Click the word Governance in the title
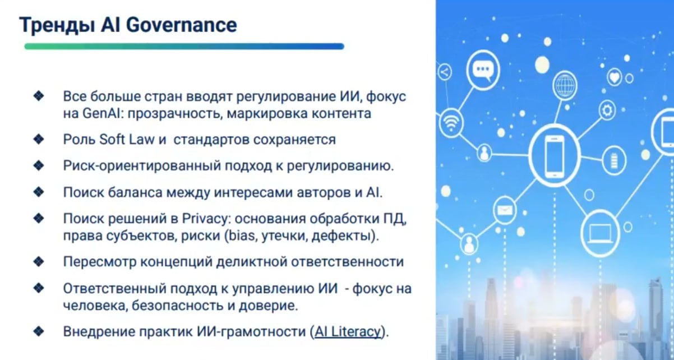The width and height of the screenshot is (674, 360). [x=182, y=25]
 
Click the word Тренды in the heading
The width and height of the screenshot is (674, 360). [x=57, y=25]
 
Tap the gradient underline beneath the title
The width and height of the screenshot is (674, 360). [x=184, y=47]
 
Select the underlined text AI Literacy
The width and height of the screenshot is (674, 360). [x=348, y=331]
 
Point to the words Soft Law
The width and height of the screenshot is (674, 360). [x=127, y=140]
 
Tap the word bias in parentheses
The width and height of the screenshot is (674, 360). [x=242, y=236]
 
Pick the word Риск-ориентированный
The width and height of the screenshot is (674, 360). [x=142, y=166]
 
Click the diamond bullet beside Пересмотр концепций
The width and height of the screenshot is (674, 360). [x=39, y=261]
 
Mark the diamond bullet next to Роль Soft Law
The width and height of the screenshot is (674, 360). [x=39, y=139]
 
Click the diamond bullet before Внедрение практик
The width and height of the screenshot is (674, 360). [x=39, y=331]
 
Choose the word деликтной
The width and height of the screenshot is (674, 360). [x=252, y=262]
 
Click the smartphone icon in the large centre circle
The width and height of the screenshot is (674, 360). [x=555, y=156]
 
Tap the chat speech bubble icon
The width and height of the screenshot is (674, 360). [x=483, y=70]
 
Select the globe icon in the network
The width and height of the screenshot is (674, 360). [x=565, y=85]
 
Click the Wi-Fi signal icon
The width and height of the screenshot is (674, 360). [x=450, y=123]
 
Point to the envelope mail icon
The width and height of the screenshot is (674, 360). [x=505, y=210]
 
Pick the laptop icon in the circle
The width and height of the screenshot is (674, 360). [x=599, y=234]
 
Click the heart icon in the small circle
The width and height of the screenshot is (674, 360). [x=615, y=77]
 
